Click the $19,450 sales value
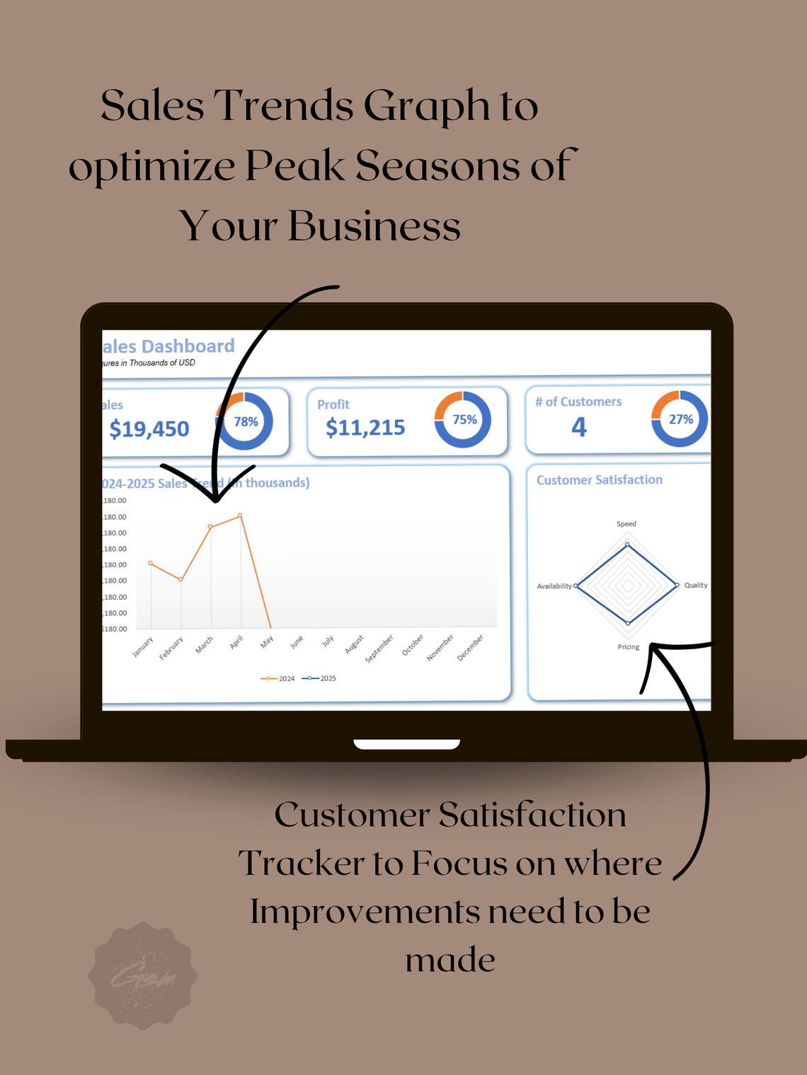pos(149,429)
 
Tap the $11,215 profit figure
pos(365,427)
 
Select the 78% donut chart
pos(245,422)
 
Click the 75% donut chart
pos(463,419)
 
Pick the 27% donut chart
pos(680,419)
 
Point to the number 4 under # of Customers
pos(579,426)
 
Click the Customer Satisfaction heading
pos(600,480)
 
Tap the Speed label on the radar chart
pos(626,524)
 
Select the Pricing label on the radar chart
pos(629,647)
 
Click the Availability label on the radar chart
pos(554,586)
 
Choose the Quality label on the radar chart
pos(696,585)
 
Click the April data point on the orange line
pos(241,516)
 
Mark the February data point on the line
pos(181,579)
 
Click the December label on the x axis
pos(470,648)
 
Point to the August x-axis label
pos(355,644)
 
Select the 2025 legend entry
pos(320,678)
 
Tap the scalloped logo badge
pos(142,975)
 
